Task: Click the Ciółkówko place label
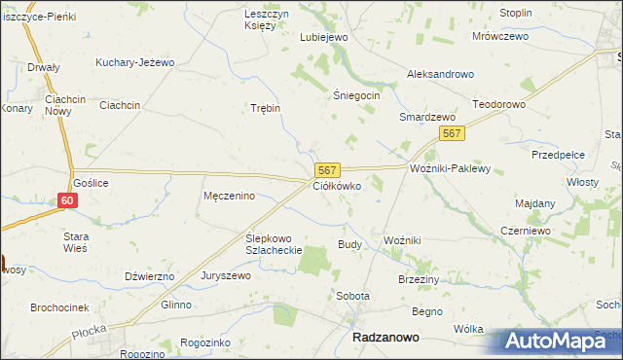pyautogui.click(x=337, y=185)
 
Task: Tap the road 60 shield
pyautogui.click(x=66, y=200)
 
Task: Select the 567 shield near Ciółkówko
pyautogui.click(x=326, y=169)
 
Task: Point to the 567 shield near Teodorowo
pyautogui.click(x=450, y=133)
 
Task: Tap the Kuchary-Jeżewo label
pyautogui.click(x=134, y=62)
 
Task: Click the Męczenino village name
pyautogui.click(x=229, y=196)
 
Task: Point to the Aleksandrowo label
pyautogui.click(x=439, y=74)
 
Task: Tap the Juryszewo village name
pyautogui.click(x=226, y=275)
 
